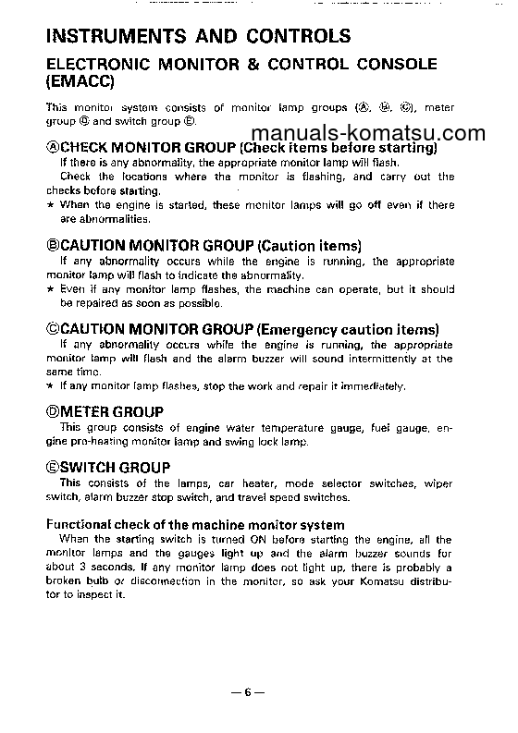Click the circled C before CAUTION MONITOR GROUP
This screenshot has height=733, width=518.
[52, 328]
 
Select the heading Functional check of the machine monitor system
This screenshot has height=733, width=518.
[195, 524]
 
